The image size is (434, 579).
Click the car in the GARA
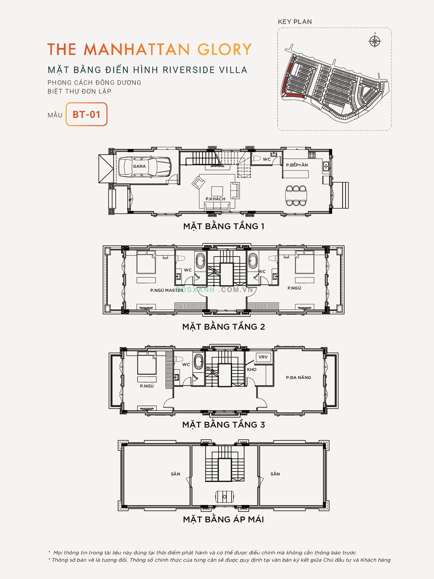145,167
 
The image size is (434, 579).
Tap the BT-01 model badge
87,114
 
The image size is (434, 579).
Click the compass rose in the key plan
375,41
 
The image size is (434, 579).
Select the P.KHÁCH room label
215,199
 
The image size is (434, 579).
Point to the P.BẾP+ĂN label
297,165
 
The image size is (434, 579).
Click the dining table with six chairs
296,196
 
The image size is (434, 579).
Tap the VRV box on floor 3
263,357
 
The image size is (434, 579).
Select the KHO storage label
252,370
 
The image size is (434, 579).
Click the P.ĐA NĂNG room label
299,378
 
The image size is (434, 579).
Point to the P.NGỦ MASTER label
167,290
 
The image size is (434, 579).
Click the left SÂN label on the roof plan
175,474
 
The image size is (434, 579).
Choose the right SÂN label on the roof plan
275,474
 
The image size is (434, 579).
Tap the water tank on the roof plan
225,497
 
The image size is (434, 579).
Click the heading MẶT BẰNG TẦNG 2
224,327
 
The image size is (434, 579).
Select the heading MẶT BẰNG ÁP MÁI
223,519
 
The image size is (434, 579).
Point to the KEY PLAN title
295,22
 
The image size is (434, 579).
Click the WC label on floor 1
266,159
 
